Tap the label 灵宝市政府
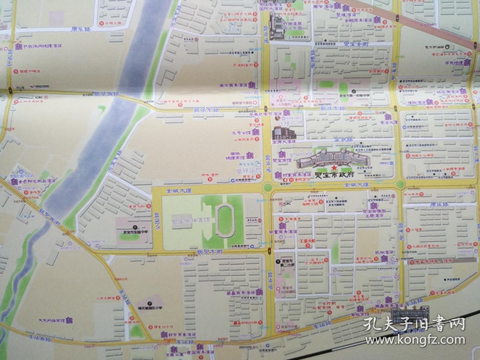[334, 175]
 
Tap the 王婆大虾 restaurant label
[307, 241]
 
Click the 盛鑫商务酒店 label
[241, 293]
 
